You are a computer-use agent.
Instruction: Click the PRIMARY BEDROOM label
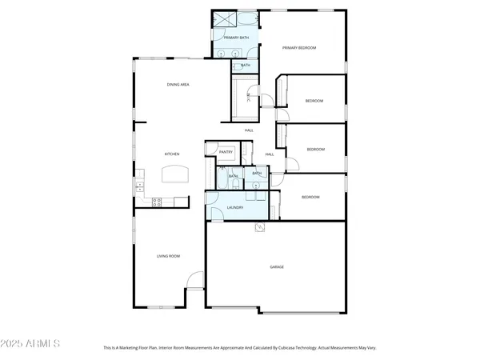299,48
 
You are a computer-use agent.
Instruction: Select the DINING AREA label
178,84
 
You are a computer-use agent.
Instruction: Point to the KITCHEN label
171,154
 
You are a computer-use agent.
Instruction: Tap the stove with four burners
158,201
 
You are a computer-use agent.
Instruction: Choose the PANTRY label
226,151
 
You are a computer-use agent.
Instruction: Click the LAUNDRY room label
235,207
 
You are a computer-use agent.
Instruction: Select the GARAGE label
277,266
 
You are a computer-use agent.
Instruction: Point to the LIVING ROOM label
168,256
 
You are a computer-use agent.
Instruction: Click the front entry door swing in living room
194,282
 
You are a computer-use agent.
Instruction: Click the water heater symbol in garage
259,227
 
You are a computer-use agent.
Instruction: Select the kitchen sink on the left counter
139,186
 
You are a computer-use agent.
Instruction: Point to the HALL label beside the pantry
270,154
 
